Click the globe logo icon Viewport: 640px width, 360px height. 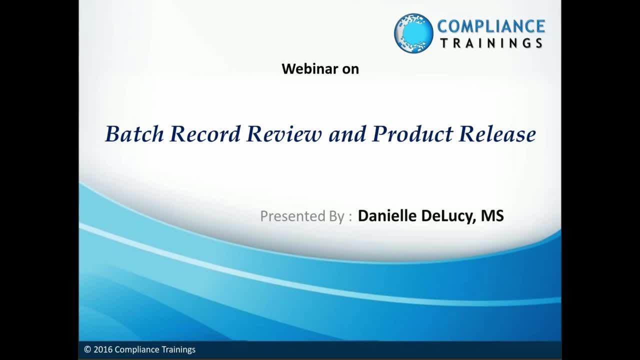tap(413, 33)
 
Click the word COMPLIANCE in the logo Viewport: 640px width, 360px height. tap(491, 26)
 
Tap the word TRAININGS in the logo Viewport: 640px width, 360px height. tap(491, 43)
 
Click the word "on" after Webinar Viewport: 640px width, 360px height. tap(350, 69)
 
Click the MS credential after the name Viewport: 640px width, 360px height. tap(492, 215)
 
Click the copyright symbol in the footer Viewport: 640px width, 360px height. tap(87, 349)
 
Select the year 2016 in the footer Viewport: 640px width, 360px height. tap(103, 349)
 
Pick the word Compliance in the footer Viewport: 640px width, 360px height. tap(137, 349)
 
